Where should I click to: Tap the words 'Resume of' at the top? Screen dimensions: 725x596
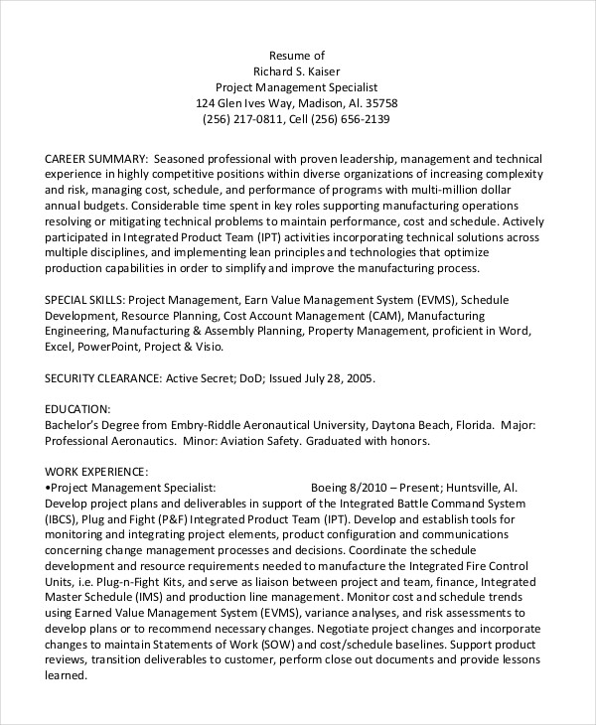pyautogui.click(x=297, y=54)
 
